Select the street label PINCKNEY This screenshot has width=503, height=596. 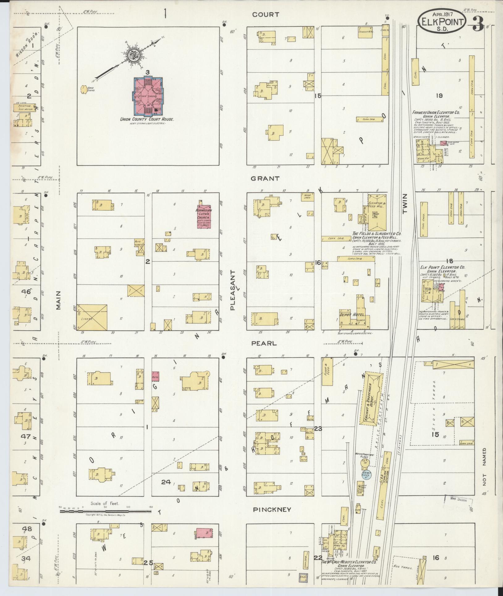coord(272,510)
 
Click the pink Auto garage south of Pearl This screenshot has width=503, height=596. coord(155,376)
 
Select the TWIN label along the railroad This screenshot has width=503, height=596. coord(405,204)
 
